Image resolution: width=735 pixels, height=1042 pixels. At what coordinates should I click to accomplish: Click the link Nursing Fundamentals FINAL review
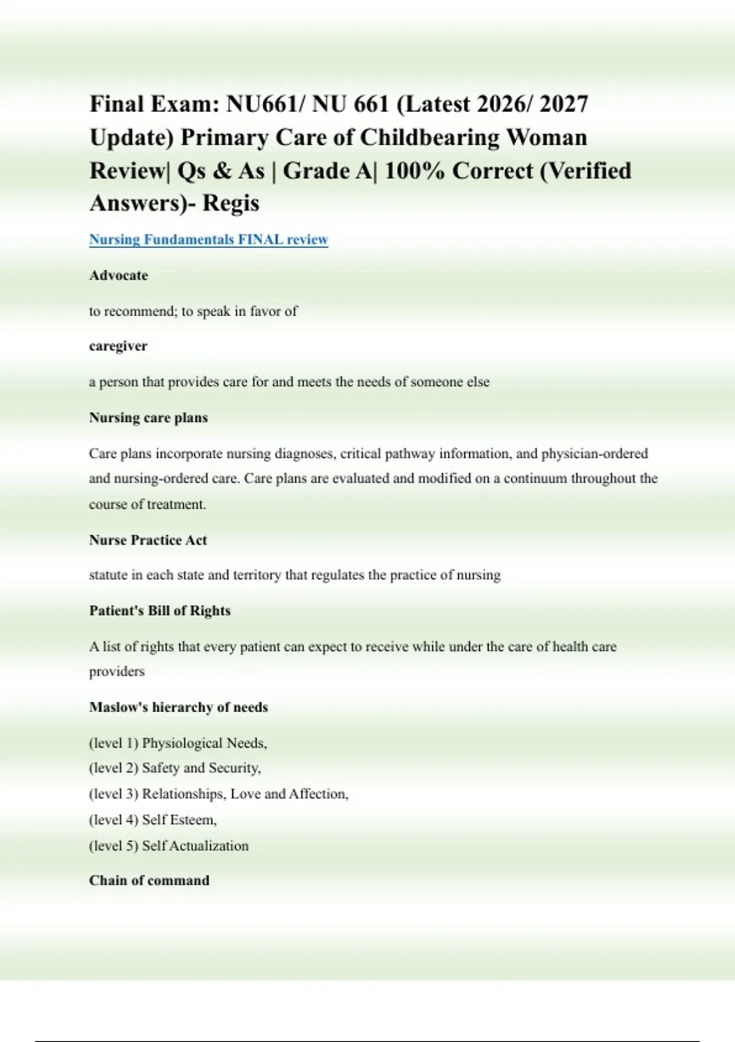pyautogui.click(x=208, y=239)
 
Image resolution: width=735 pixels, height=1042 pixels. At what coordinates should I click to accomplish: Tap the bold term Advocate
pyautogui.click(x=118, y=275)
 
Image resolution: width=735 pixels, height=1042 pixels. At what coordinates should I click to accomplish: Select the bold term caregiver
pyautogui.click(x=118, y=346)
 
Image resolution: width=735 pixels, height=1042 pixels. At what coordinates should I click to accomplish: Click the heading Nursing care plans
pyautogui.click(x=148, y=417)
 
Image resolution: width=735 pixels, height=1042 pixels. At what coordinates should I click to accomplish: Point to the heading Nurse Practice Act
pyautogui.click(x=148, y=540)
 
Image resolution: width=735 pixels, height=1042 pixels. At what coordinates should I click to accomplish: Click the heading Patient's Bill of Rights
pyautogui.click(x=160, y=610)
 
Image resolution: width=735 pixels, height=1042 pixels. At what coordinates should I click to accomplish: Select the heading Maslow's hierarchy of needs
pyautogui.click(x=178, y=707)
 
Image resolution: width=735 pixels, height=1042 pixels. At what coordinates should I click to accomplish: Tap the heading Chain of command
pyautogui.click(x=149, y=880)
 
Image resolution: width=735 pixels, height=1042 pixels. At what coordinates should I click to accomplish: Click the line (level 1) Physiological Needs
pyautogui.click(x=178, y=743)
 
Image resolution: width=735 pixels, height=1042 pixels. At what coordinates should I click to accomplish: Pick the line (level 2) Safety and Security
pyautogui.click(x=175, y=767)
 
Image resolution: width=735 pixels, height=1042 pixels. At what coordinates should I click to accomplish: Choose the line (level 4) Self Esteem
pyautogui.click(x=153, y=820)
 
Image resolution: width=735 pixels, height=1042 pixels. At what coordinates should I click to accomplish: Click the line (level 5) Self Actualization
pyautogui.click(x=168, y=846)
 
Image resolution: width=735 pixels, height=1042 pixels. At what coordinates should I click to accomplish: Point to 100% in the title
pyautogui.click(x=415, y=170)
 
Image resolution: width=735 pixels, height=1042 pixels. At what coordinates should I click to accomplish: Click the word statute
pyautogui.click(x=108, y=575)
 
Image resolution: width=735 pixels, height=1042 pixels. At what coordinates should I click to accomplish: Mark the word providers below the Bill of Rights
pyautogui.click(x=117, y=671)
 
